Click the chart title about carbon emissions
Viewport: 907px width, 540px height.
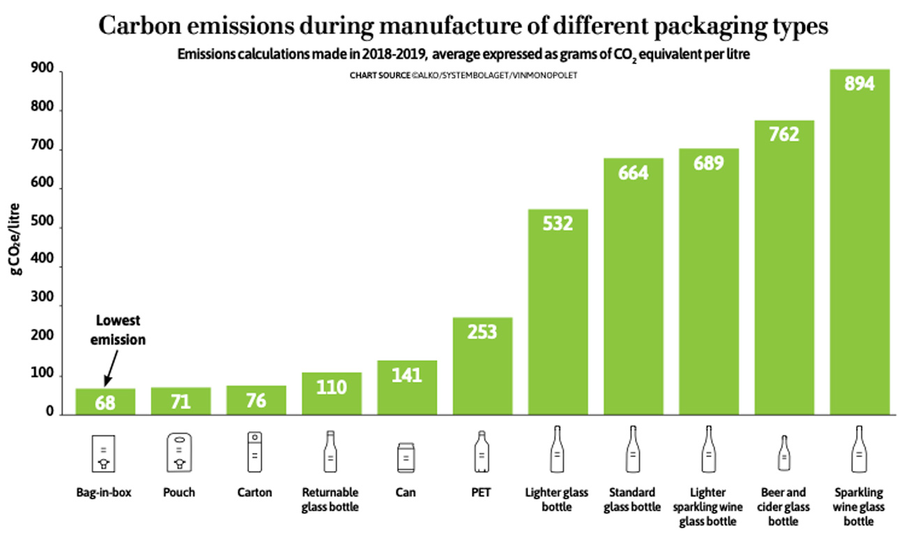[463, 26]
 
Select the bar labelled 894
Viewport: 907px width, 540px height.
[859, 244]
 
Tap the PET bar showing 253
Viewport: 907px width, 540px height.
[482, 367]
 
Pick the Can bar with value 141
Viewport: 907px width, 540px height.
[407, 388]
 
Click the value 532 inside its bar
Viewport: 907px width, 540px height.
[557, 223]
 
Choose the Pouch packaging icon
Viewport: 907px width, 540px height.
[180, 453]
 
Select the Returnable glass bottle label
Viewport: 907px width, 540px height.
[330, 500]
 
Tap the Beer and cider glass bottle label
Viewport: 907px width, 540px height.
[784, 507]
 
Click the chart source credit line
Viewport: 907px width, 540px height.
[463, 75]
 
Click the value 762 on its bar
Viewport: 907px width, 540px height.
[784, 134]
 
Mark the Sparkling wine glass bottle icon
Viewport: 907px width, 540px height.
[859, 451]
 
